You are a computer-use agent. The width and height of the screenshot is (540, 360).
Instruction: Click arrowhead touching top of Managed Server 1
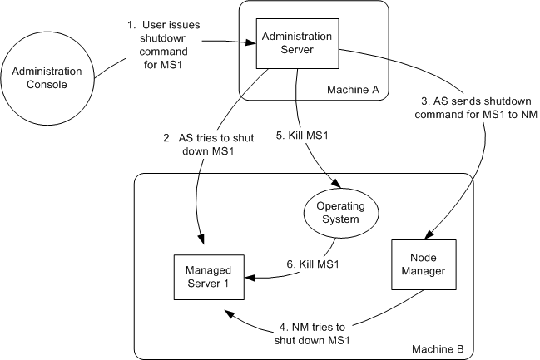click(x=201, y=245)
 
